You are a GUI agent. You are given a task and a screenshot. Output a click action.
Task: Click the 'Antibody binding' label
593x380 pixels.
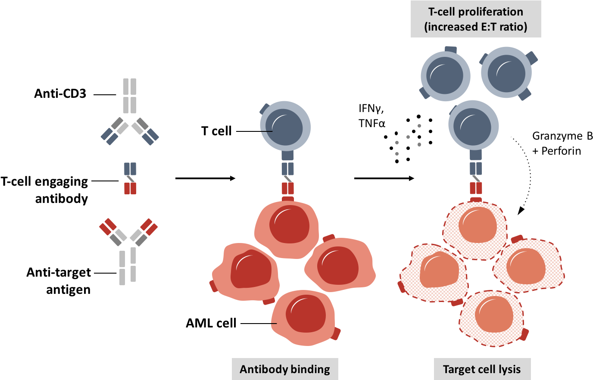pyautogui.click(x=285, y=369)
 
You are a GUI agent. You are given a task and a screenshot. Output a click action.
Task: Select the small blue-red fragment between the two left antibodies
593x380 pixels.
pyautogui.click(x=130, y=178)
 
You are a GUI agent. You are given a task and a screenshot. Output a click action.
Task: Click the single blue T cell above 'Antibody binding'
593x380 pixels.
pyautogui.click(x=285, y=127)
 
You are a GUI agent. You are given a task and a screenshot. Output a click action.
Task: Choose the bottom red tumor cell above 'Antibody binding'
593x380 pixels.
pyautogui.click(x=304, y=317)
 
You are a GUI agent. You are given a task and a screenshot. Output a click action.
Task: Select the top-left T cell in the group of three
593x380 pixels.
pyautogui.click(x=445, y=75)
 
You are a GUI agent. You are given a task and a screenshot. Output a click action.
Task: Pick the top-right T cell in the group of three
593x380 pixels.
pyautogui.click(x=506, y=72)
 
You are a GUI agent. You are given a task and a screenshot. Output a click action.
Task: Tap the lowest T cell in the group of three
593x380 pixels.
pyautogui.click(x=473, y=125)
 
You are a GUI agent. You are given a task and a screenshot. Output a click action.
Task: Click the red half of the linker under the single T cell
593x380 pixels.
pyautogui.click(x=288, y=188)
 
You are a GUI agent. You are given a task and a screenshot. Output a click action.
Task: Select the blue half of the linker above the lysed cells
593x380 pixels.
pyautogui.click(x=476, y=168)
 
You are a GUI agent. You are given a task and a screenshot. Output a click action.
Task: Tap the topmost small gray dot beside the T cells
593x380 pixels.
pyautogui.click(x=419, y=126)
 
